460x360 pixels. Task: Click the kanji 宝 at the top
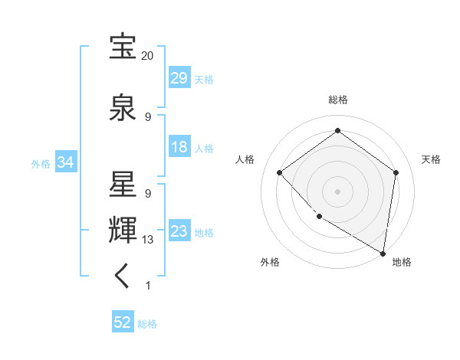(x=123, y=48)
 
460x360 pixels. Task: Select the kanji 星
(x=123, y=186)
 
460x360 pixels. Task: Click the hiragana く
(x=123, y=277)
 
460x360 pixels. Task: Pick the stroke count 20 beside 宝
(x=148, y=56)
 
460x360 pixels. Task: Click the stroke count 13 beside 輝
(x=148, y=240)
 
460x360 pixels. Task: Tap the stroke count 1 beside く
(x=148, y=286)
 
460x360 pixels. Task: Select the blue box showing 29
(x=179, y=79)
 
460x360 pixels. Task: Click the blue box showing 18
(x=179, y=148)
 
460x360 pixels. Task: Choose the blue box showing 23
(x=179, y=231)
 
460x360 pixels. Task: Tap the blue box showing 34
(x=65, y=162)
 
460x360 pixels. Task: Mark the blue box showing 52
(x=123, y=323)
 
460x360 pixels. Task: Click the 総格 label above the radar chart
(x=337, y=100)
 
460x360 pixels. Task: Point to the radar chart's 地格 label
(x=402, y=263)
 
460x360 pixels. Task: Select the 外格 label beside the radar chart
(x=271, y=263)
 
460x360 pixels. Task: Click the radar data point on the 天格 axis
(x=396, y=172)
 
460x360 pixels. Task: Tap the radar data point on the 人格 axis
(x=280, y=172)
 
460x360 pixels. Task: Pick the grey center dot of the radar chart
(x=337, y=191)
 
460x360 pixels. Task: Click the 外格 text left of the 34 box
(x=41, y=163)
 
